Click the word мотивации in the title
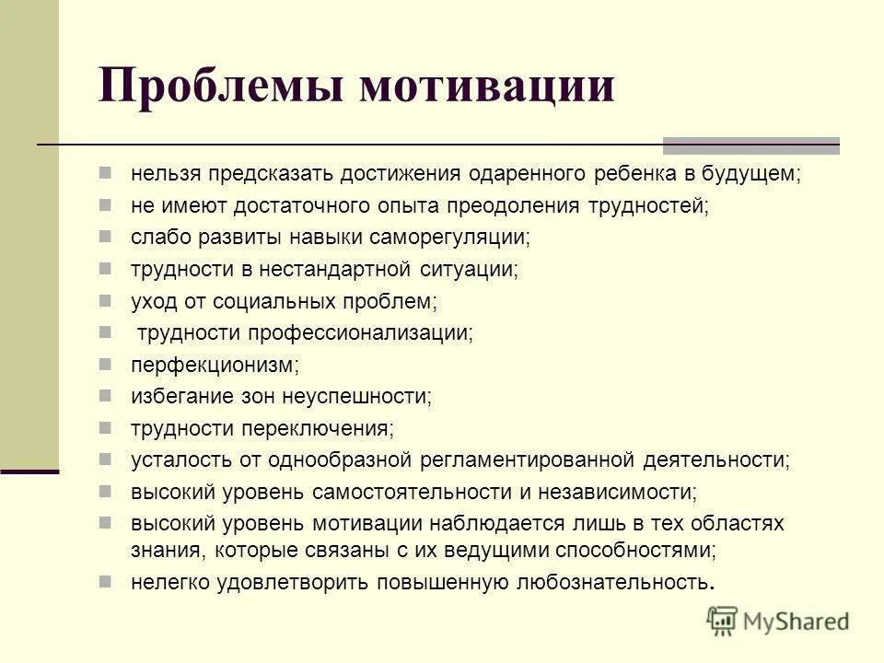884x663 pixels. pos(487,87)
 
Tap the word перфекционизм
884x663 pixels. pos(215,366)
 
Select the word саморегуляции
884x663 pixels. pos(450,237)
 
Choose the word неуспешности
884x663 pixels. pos(364,397)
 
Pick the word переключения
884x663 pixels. pos(317,428)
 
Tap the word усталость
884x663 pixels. pos(174,459)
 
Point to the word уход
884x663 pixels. pos(151,300)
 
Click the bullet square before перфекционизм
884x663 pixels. pos(106,364)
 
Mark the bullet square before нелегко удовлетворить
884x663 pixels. pos(106,580)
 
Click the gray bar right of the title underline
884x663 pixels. pos(751,145)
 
